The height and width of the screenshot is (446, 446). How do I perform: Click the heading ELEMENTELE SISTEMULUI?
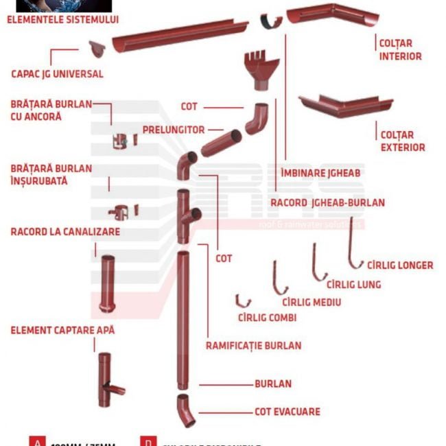62,20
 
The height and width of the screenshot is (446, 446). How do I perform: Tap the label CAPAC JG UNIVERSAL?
57,74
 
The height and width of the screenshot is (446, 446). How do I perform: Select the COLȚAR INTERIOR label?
400,49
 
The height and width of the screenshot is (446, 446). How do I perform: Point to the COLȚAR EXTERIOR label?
401,141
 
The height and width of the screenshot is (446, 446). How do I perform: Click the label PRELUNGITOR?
174,129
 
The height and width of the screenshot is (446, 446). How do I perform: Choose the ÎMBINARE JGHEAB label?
320,173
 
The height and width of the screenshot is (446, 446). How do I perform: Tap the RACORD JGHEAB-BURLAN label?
327,202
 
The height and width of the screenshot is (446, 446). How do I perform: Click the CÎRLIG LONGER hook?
354,244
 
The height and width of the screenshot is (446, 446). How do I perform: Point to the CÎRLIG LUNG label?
353,284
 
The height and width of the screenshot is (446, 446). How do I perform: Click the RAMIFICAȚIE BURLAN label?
253,346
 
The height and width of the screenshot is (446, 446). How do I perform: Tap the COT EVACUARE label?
287,412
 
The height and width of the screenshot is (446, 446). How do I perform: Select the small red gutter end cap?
98,49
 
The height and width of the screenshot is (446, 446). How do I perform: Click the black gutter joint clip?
270,22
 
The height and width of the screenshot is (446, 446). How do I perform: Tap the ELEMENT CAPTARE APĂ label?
62,330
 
